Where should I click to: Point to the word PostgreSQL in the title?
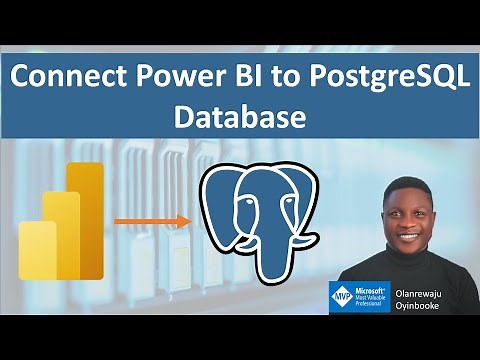[386, 78]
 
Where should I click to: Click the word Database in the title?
[239, 118]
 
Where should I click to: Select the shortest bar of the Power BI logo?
[37, 250]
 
